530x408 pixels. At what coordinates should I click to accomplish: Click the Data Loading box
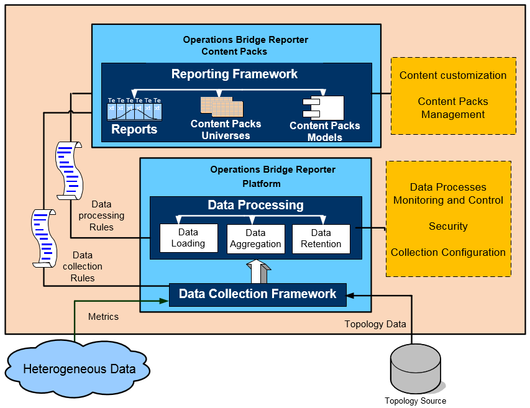(x=188, y=238)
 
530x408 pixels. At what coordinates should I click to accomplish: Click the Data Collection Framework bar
(x=257, y=294)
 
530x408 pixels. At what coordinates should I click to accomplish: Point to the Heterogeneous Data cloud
(x=79, y=369)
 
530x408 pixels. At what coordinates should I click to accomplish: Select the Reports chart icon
(x=134, y=109)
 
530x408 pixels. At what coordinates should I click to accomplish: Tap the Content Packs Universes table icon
(x=222, y=106)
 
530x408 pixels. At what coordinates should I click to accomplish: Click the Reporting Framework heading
(x=234, y=74)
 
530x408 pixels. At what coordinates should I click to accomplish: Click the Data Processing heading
(x=255, y=205)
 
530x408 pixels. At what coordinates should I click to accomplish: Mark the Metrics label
(x=103, y=317)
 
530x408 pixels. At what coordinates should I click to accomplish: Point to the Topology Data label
(x=375, y=324)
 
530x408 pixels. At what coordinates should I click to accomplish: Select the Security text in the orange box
(x=448, y=226)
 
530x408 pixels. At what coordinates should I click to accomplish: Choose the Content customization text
(x=453, y=75)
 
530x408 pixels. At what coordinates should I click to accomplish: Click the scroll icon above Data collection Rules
(x=43, y=238)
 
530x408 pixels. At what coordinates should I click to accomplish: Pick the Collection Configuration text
(x=448, y=252)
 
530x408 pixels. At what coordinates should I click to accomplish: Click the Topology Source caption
(x=415, y=401)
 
